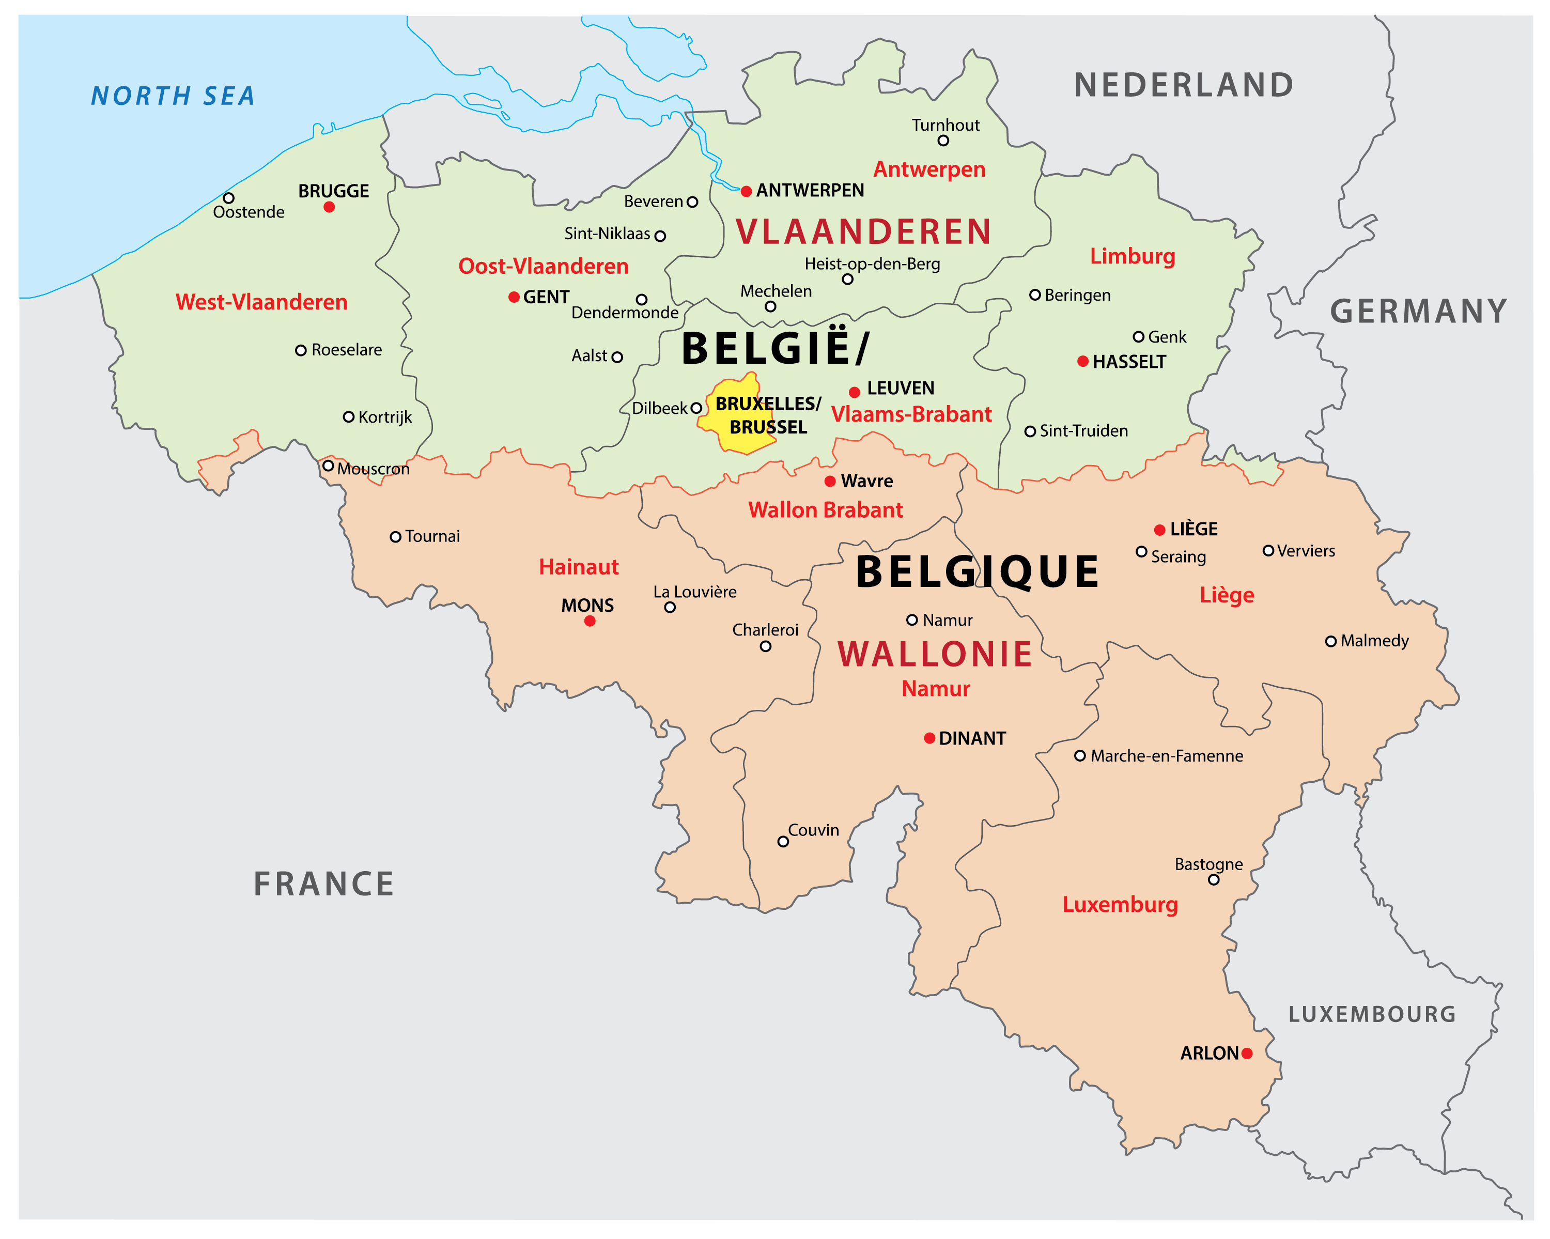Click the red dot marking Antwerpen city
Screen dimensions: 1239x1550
pos(746,191)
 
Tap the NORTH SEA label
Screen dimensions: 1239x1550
pos(173,96)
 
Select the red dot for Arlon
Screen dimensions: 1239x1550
pos(1247,1054)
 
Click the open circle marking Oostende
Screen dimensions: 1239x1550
pos(228,198)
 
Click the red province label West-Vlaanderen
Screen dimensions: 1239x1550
pos(261,302)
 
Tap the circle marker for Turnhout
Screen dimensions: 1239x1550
pos(943,141)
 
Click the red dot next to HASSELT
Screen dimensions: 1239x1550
pos(1083,362)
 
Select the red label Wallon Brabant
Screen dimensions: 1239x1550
pos(825,510)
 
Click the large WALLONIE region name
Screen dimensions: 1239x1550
pos(935,655)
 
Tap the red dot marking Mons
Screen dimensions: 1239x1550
pos(590,621)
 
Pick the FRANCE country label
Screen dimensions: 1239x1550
pos(323,884)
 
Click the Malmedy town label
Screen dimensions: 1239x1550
pos(1374,641)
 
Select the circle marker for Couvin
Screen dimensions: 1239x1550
pos(783,841)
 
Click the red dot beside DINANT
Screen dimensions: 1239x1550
pos(929,738)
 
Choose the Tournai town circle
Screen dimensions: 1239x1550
pos(395,537)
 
